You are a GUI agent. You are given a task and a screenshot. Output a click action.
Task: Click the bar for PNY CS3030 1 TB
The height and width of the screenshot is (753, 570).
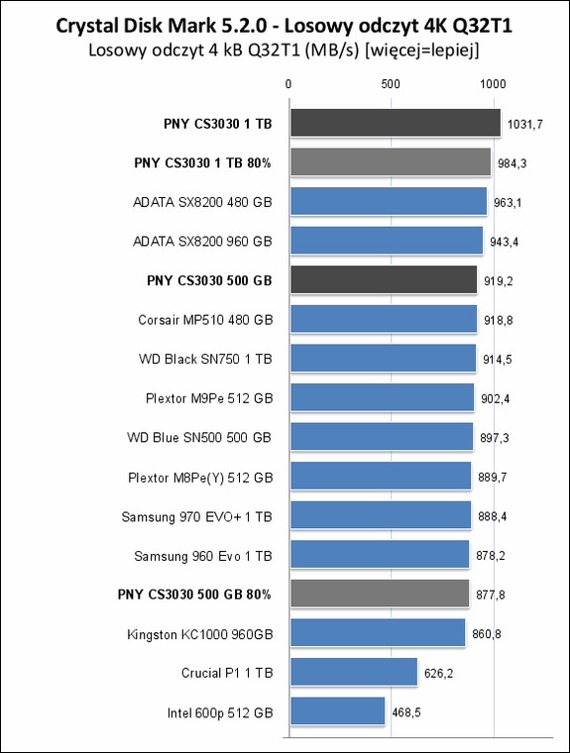click(396, 123)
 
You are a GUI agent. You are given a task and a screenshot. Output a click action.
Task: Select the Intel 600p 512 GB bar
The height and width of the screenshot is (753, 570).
click(337, 710)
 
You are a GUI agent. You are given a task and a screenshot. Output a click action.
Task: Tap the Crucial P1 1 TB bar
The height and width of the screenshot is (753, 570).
click(354, 672)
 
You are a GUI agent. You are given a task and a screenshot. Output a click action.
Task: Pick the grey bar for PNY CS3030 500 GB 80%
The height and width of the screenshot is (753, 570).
click(380, 593)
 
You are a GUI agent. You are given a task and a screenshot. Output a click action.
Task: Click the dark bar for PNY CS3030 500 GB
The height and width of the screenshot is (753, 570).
click(384, 280)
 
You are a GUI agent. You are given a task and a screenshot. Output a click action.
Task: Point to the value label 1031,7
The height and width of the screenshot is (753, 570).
click(525, 125)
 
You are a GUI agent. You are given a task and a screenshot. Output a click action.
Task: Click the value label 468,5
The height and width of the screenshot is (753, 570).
click(406, 712)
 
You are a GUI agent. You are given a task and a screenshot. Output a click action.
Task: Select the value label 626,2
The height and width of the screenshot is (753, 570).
click(438, 674)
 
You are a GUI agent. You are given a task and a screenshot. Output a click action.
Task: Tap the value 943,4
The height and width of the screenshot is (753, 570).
click(505, 242)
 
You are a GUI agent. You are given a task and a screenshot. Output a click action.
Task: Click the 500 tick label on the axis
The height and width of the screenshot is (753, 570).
click(391, 84)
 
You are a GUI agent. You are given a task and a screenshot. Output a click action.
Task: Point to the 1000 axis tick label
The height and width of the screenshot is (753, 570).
click(493, 84)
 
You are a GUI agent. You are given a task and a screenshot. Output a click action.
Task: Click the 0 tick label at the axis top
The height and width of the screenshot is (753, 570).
click(288, 84)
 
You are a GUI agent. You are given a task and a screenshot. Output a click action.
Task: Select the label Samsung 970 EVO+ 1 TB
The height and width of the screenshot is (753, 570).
click(196, 517)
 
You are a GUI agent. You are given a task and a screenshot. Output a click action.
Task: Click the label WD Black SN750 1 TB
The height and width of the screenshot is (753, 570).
click(205, 360)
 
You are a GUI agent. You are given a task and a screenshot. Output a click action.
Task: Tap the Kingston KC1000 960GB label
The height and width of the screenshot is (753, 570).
click(200, 634)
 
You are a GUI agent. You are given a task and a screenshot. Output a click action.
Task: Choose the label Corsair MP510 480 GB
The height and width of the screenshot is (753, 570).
click(205, 320)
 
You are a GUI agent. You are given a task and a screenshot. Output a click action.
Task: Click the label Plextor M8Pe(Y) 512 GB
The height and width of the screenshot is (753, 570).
click(200, 478)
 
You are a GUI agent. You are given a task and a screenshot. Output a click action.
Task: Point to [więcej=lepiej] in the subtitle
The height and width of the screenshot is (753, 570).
click(422, 51)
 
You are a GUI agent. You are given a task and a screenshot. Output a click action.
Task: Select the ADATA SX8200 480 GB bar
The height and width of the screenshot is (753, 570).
click(389, 201)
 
